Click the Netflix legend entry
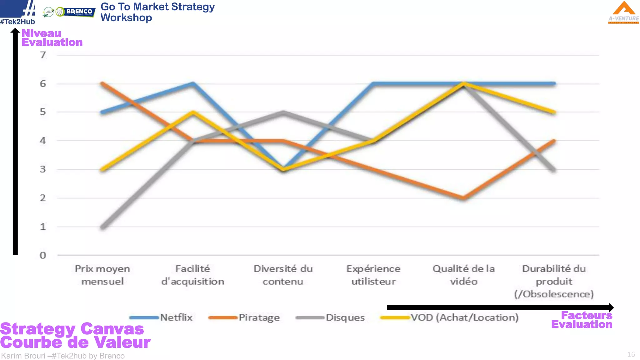click(x=176, y=317)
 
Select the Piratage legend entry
click(x=259, y=317)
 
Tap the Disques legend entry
click(x=345, y=317)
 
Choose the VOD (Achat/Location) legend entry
click(x=464, y=317)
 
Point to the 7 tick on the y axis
click(x=43, y=55)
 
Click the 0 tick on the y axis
click(x=43, y=255)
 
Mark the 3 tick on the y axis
click(x=43, y=169)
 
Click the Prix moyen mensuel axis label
click(x=102, y=275)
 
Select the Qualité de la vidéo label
click(x=463, y=275)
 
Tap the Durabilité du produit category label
click(x=554, y=281)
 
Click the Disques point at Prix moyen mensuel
click(x=103, y=227)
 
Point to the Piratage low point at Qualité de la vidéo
click(x=463, y=198)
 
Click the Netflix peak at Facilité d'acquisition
click(x=193, y=83)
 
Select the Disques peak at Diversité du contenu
click(x=283, y=112)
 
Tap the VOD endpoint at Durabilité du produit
click(x=554, y=112)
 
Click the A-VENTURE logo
click(x=623, y=12)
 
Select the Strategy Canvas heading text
click(x=72, y=329)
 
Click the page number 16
click(x=631, y=354)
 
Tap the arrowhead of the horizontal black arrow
click(x=611, y=307)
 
